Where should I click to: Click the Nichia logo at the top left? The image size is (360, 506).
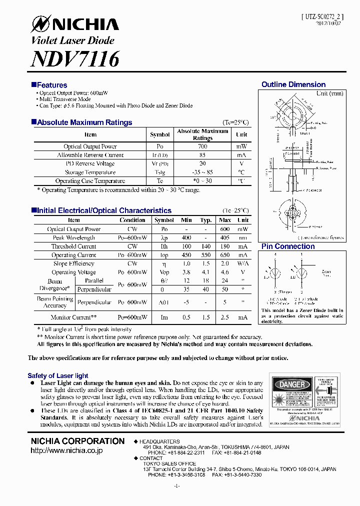click(x=75, y=24)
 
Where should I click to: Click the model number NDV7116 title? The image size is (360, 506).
click(x=75, y=59)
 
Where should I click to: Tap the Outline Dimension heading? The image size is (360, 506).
click(x=293, y=84)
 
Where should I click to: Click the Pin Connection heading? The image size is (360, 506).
click(x=288, y=246)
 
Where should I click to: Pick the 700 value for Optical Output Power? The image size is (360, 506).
click(x=202, y=146)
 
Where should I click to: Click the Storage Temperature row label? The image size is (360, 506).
click(x=90, y=172)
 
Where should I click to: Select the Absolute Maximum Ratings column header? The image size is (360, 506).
click(x=202, y=134)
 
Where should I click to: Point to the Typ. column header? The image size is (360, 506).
click(x=205, y=220)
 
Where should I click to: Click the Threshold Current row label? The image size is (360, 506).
click(x=73, y=246)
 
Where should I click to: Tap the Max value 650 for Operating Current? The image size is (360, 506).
click(x=225, y=255)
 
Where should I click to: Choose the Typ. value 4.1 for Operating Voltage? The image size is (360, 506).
click(x=205, y=272)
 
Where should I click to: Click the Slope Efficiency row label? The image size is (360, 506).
click(x=73, y=263)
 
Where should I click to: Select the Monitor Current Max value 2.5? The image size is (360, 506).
click(x=225, y=317)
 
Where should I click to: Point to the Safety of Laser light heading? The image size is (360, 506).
click(x=58, y=375)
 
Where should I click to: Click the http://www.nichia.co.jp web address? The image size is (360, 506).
click(x=66, y=450)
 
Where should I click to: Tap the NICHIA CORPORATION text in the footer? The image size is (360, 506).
click(x=77, y=441)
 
